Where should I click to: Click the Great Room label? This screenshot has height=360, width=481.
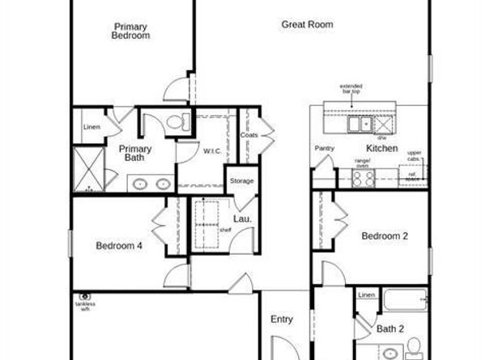[x=307, y=24]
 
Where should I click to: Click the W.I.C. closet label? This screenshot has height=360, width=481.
[x=213, y=150]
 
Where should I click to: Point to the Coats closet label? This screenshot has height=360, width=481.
[x=249, y=135]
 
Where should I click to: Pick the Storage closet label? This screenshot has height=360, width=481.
[x=242, y=180]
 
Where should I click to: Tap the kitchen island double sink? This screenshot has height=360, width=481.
[x=360, y=125]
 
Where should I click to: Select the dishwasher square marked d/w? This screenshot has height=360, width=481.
[x=382, y=125]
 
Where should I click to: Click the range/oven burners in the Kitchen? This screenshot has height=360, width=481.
[x=364, y=179]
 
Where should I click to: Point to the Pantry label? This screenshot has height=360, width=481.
[x=324, y=148]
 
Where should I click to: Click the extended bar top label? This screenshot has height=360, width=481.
[x=350, y=88]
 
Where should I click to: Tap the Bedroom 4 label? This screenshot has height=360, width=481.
[x=119, y=245]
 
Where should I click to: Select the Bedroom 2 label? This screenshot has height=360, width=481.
[x=384, y=236]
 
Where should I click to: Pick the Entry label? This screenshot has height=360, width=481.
[x=281, y=320]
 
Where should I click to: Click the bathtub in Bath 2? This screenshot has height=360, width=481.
[x=404, y=301]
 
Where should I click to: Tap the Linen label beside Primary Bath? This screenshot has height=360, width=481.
[x=91, y=127]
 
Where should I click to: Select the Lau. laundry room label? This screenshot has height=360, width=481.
[x=242, y=219]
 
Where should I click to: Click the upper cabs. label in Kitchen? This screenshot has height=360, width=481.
[x=414, y=155]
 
